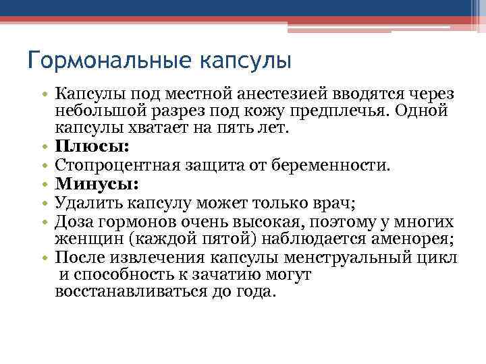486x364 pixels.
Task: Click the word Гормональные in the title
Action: pos(105,63)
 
